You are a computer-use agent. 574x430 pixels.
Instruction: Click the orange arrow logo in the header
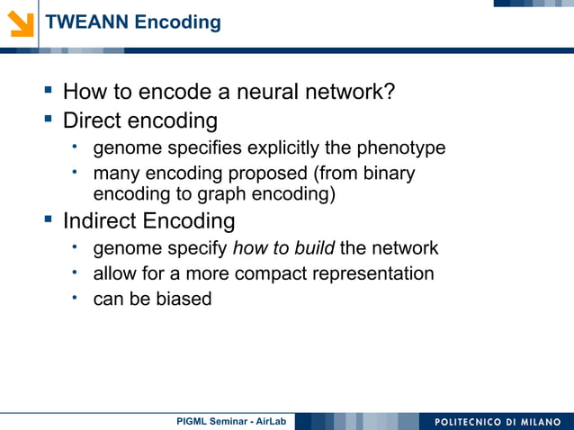pyautogui.click(x=20, y=22)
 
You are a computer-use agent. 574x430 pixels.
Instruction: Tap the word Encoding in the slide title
pyautogui.click(x=177, y=22)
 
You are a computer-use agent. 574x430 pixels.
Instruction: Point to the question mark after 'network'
pyautogui.click(x=390, y=92)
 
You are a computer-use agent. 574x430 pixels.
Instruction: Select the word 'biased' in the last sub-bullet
pyautogui.click(x=183, y=299)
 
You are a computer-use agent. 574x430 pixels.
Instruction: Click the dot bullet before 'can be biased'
pyautogui.click(x=78, y=296)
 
